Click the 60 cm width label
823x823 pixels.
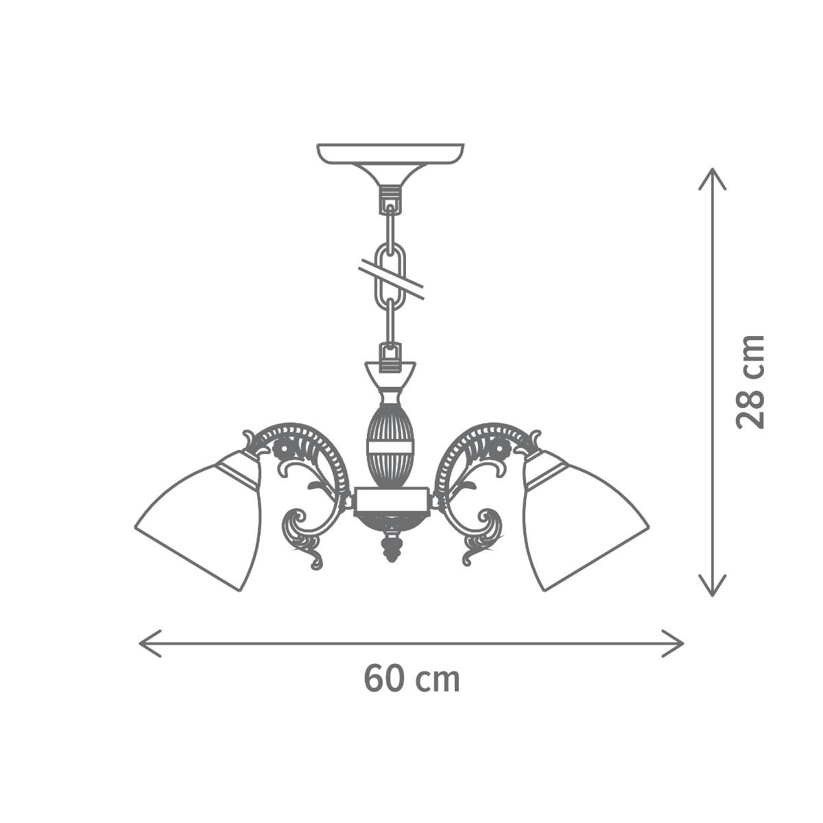point(411,678)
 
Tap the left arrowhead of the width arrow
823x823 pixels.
point(150,643)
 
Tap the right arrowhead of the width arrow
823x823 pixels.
point(673,643)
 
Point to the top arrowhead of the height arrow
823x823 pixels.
point(712,179)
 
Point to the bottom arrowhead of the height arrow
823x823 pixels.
point(712,585)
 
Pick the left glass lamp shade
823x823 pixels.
point(198,521)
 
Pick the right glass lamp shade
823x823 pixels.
point(584,521)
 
